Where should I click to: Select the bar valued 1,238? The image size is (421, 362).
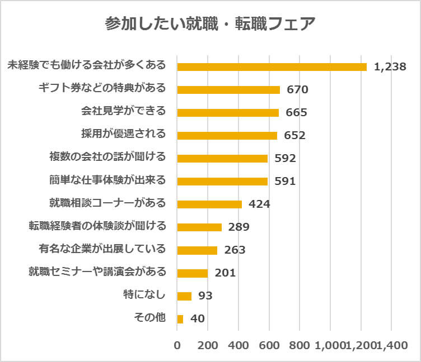coord(272,66)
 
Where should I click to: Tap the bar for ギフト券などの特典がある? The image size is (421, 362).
coord(228,89)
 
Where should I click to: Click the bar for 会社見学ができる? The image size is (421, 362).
coord(228,112)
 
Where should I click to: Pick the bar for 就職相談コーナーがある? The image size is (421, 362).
coord(209,204)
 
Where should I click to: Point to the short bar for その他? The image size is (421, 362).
coord(180,319)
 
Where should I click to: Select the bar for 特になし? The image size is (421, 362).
coord(184,296)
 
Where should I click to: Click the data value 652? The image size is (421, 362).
coord(294,135)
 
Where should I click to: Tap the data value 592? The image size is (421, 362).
coord(285,158)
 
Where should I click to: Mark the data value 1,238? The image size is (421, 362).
coord(390,67)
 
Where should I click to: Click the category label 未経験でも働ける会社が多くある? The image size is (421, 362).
coord(87,65)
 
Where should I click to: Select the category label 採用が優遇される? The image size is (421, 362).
coord(124,134)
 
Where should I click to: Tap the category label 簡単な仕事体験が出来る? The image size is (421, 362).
coord(108,180)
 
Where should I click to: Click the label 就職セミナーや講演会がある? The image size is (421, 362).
coord(97,272)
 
